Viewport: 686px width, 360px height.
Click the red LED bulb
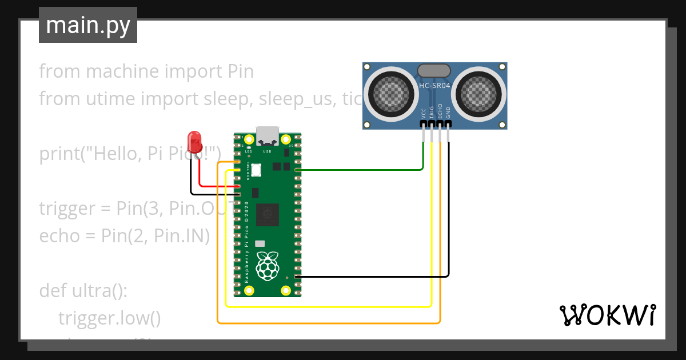(x=194, y=139)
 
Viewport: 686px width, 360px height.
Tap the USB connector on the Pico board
(x=267, y=135)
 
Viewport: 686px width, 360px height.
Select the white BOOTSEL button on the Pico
(x=256, y=170)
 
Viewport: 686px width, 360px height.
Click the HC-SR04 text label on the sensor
(x=434, y=86)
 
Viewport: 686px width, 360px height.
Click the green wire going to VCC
(x=360, y=170)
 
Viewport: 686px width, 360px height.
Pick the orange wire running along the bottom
(x=329, y=323)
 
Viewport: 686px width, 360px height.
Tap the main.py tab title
(x=88, y=25)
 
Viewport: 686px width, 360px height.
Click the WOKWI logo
(x=607, y=315)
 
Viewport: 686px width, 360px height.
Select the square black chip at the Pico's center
(x=268, y=215)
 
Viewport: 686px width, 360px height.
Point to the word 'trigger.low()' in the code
(x=109, y=318)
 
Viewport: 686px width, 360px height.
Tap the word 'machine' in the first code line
(x=121, y=71)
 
